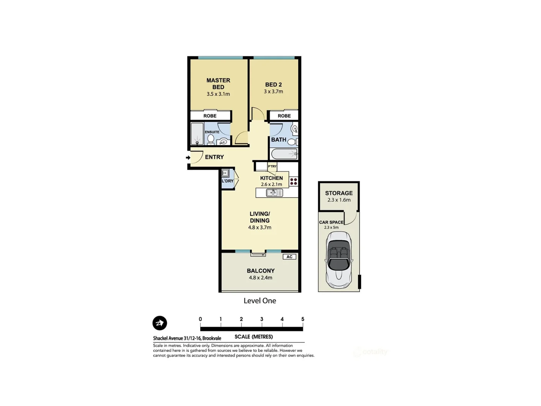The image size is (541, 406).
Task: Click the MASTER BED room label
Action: click(218, 83)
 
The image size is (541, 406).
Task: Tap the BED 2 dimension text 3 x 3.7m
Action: click(273, 91)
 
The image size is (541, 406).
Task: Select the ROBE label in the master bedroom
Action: click(210, 116)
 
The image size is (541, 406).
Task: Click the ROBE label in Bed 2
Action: click(284, 116)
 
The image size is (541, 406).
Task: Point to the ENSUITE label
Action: click(212, 132)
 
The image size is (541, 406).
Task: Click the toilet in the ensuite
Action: click(211, 139)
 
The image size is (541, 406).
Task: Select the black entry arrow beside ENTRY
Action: click(188, 158)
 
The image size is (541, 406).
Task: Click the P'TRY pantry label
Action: click(272, 166)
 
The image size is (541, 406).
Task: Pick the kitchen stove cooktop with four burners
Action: click(293, 182)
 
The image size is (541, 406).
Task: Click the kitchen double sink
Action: click(274, 193)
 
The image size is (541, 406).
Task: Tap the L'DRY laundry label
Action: click(227, 181)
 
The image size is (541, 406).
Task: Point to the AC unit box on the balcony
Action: click(289, 257)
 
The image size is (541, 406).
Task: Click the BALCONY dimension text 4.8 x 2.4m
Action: click(260, 278)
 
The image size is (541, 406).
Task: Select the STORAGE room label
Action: click(339, 193)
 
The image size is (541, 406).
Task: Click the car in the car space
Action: click(339, 259)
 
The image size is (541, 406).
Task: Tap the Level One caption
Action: click(260, 301)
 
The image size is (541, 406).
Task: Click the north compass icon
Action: click(160, 323)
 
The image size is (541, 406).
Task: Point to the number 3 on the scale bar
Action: click(261, 319)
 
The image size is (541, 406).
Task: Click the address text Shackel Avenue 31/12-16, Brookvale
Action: click(187, 338)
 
